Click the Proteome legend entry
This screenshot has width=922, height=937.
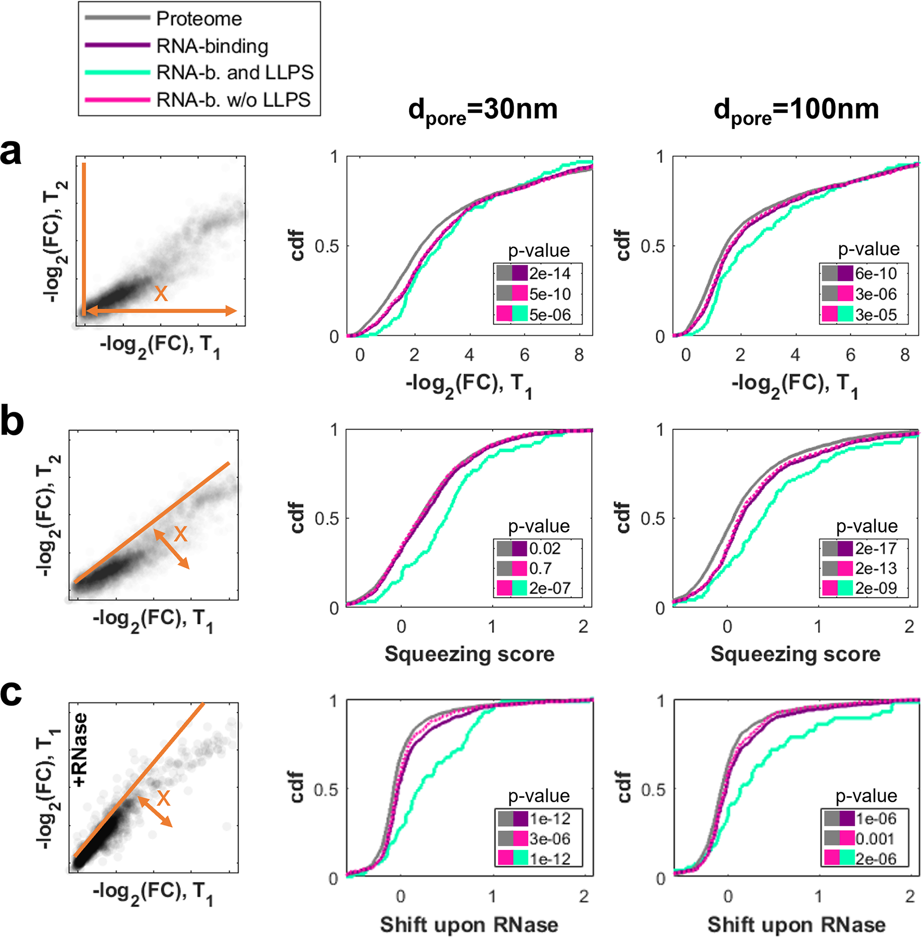(199, 19)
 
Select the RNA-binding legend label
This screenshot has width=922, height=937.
(212, 46)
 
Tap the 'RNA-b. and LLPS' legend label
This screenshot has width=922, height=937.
(234, 73)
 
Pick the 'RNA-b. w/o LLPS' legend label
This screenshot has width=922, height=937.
(233, 100)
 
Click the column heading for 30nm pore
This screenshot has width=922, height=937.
(483, 110)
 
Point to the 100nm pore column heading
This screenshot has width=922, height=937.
(796, 110)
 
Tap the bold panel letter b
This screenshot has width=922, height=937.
(12, 422)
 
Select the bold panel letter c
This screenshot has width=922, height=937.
(11, 693)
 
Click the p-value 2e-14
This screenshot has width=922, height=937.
(550, 274)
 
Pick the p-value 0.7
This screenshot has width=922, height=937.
(540, 568)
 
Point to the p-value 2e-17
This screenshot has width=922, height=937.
(876, 548)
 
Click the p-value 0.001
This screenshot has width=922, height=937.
(875, 839)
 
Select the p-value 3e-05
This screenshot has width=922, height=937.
(876, 315)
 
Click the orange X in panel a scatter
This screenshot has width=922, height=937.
(161, 293)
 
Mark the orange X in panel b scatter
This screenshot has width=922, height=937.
(180, 534)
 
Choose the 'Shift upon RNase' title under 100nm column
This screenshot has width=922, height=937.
(796, 925)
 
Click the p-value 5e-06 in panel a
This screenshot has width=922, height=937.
(550, 315)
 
